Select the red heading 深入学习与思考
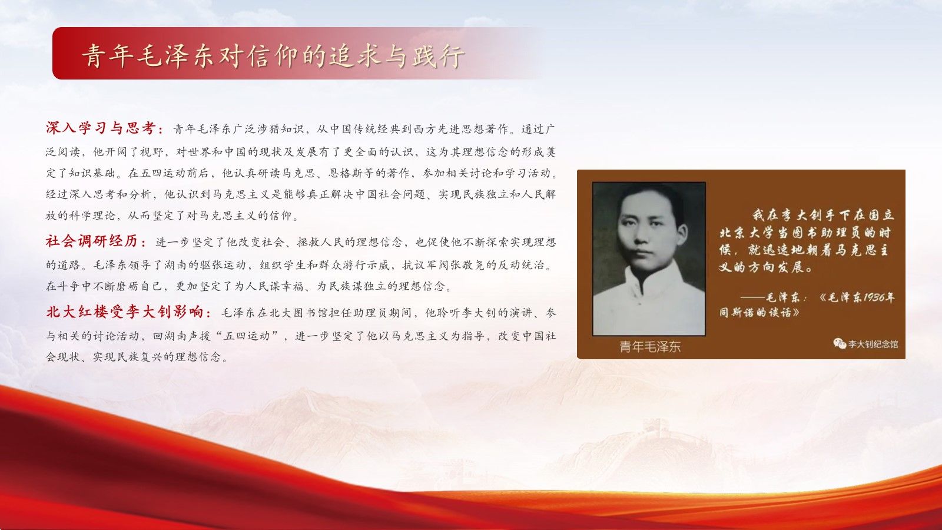101,128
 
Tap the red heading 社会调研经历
92,241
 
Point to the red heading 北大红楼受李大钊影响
125,312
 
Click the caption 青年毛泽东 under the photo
650,347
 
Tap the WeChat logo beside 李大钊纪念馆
840,344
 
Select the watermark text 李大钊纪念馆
873,344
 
